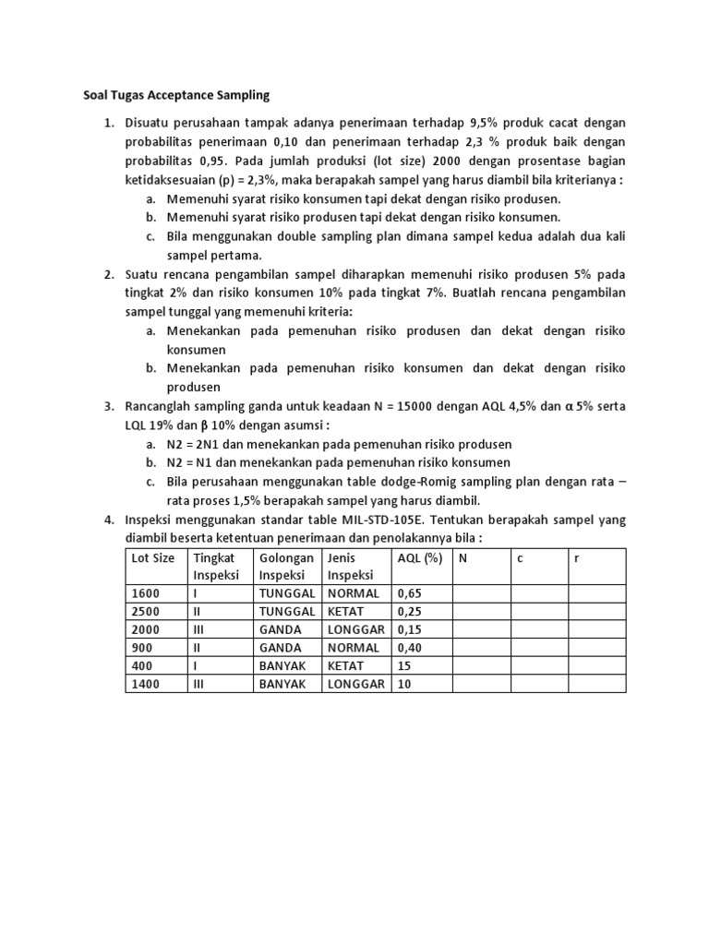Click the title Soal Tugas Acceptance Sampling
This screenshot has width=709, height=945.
171,95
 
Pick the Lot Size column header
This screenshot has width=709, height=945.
152,558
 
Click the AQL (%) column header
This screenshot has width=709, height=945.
420,558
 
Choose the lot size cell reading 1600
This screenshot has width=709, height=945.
146,593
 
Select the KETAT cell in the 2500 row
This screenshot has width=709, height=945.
345,612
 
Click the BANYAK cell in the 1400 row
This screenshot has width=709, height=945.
282,683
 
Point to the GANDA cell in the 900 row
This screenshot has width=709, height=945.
280,647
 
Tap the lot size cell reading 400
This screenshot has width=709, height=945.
142,665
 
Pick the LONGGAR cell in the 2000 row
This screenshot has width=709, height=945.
355,629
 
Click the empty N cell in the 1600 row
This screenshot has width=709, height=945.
481,593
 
